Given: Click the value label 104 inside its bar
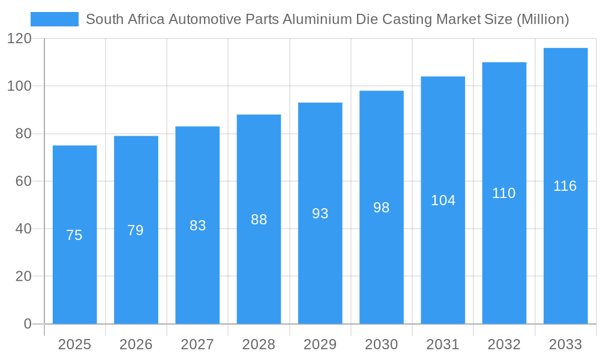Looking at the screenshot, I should (x=443, y=200).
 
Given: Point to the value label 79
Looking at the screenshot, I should (x=136, y=230).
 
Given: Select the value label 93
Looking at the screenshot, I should (x=320, y=214).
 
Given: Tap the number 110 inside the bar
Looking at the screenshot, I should (x=504, y=193).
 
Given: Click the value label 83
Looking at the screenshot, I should (x=197, y=226).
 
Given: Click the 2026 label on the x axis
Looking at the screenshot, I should (x=136, y=344).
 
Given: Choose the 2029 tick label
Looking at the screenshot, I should (x=320, y=344).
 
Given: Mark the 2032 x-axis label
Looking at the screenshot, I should (x=504, y=344).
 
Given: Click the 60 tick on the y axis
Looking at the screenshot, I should (x=23, y=181).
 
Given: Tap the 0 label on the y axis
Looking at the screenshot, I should (x=28, y=324).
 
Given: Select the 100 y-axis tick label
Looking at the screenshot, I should (x=19, y=86).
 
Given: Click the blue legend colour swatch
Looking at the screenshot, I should (x=54, y=19).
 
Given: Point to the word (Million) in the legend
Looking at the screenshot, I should (x=542, y=19).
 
